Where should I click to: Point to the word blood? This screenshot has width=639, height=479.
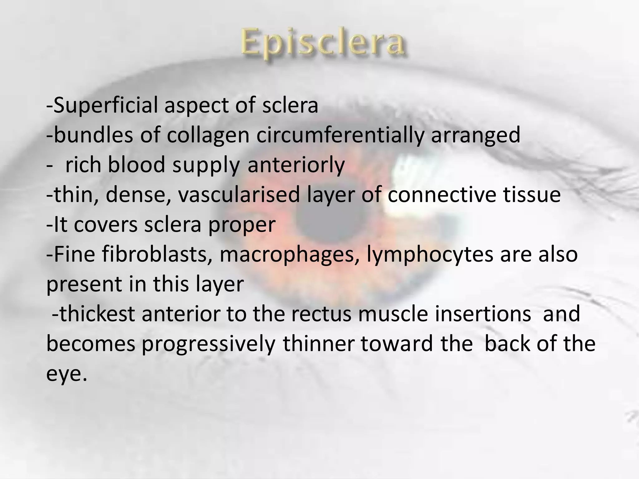[136, 165]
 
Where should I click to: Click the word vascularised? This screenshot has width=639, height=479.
[239, 195]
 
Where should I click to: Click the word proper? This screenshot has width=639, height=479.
[242, 225]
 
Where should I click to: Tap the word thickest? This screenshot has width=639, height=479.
[97, 314]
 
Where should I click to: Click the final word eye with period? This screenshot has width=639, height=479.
[66, 374]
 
